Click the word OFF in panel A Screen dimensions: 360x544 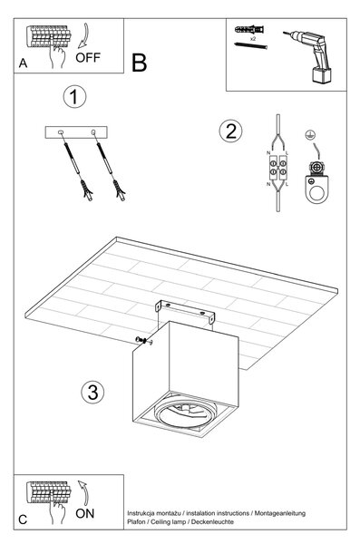tap(88, 57)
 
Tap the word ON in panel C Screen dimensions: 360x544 tap(84, 513)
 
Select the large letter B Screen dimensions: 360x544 tap(139, 63)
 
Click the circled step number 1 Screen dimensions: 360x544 tap(74, 97)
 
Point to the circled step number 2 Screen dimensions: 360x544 tap(230, 131)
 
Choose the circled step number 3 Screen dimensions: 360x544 tap(92, 393)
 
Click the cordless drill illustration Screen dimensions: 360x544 tap(309, 55)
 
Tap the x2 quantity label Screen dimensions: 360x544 tap(253, 39)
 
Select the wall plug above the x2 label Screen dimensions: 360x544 tap(249, 30)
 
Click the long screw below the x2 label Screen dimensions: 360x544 tap(251, 45)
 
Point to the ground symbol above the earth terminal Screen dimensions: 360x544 tap(308, 134)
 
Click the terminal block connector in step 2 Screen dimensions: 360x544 tap(278, 167)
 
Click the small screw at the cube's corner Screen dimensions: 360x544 tap(144, 340)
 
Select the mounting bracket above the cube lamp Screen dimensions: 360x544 tap(184, 312)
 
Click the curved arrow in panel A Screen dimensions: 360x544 tap(83, 36)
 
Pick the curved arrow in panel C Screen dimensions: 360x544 tap(83, 492)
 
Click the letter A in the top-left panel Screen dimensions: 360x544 tap(23, 63)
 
